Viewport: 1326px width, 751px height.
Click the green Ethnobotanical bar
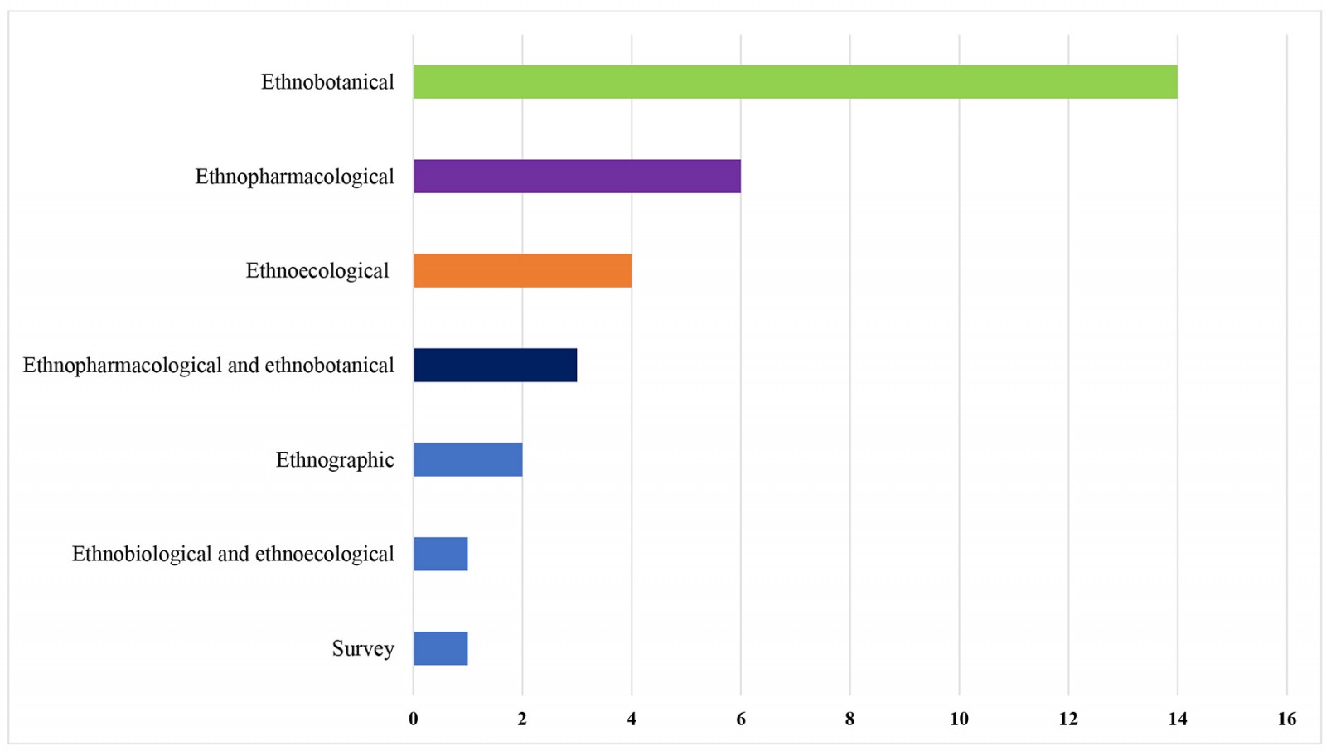pyautogui.click(x=796, y=82)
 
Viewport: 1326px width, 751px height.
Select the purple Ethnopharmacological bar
pyautogui.click(x=577, y=177)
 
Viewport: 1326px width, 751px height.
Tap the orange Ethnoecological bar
pyautogui.click(x=522, y=271)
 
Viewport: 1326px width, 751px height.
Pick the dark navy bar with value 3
pyautogui.click(x=495, y=366)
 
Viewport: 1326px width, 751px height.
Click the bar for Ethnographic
pyautogui.click(x=467, y=460)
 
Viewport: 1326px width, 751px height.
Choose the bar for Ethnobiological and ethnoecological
pyautogui.click(x=440, y=554)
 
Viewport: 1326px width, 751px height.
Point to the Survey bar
pyautogui.click(x=440, y=648)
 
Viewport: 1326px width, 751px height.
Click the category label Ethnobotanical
pyautogui.click(x=327, y=82)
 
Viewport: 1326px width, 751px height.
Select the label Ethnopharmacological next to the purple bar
pyautogui.click(x=294, y=177)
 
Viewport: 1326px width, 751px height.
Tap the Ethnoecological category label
pyautogui.click(x=317, y=271)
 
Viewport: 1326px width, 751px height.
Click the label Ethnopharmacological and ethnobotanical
pyautogui.click(x=209, y=366)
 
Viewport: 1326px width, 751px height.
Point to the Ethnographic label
pyautogui.click(x=335, y=460)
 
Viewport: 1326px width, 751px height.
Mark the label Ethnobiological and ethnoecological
pyautogui.click(x=233, y=554)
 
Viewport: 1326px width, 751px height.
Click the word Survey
pyautogui.click(x=363, y=648)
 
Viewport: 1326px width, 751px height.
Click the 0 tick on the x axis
pyautogui.click(x=414, y=720)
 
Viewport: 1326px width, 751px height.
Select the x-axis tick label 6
pyautogui.click(x=741, y=720)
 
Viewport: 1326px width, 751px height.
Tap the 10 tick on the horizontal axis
pyautogui.click(x=959, y=720)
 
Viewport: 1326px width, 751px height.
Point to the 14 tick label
pyautogui.click(x=1178, y=720)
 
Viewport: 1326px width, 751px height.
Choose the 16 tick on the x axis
pyautogui.click(x=1286, y=720)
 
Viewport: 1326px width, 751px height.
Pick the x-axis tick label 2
pyautogui.click(x=522, y=720)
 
